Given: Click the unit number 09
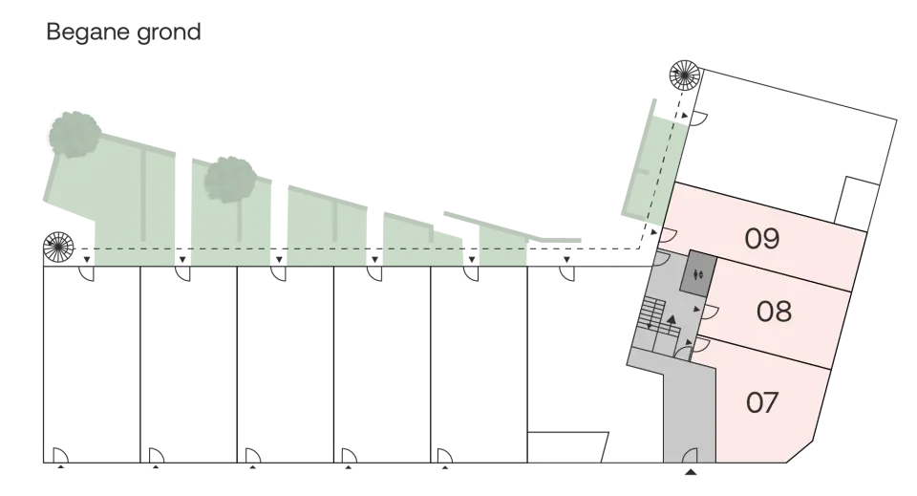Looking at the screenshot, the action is pos(762,239).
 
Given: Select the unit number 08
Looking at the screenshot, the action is pos(774,312).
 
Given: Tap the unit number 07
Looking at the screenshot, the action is pos(762,402).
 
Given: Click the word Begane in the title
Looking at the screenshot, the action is pos(88,32).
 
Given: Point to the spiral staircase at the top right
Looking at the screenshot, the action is pos(685,75).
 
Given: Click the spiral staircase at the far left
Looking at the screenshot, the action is pos(58,247).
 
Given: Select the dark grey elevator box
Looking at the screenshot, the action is pos(698,272).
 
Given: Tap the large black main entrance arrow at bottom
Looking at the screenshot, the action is pos(691,471).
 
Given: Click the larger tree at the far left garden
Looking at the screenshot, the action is pos(75,135).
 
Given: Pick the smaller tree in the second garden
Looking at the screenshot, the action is pos(230,180).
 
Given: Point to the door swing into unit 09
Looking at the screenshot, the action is pos(669,235).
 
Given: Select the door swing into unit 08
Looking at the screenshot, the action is pos(710,312).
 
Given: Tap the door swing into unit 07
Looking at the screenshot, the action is pos(701,344).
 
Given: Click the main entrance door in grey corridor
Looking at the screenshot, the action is pos(690,455).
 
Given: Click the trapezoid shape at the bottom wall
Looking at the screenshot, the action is pos(567,447).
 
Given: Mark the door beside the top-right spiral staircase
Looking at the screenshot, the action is pos(699,119).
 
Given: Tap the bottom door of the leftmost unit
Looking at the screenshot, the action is pos(60,455).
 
